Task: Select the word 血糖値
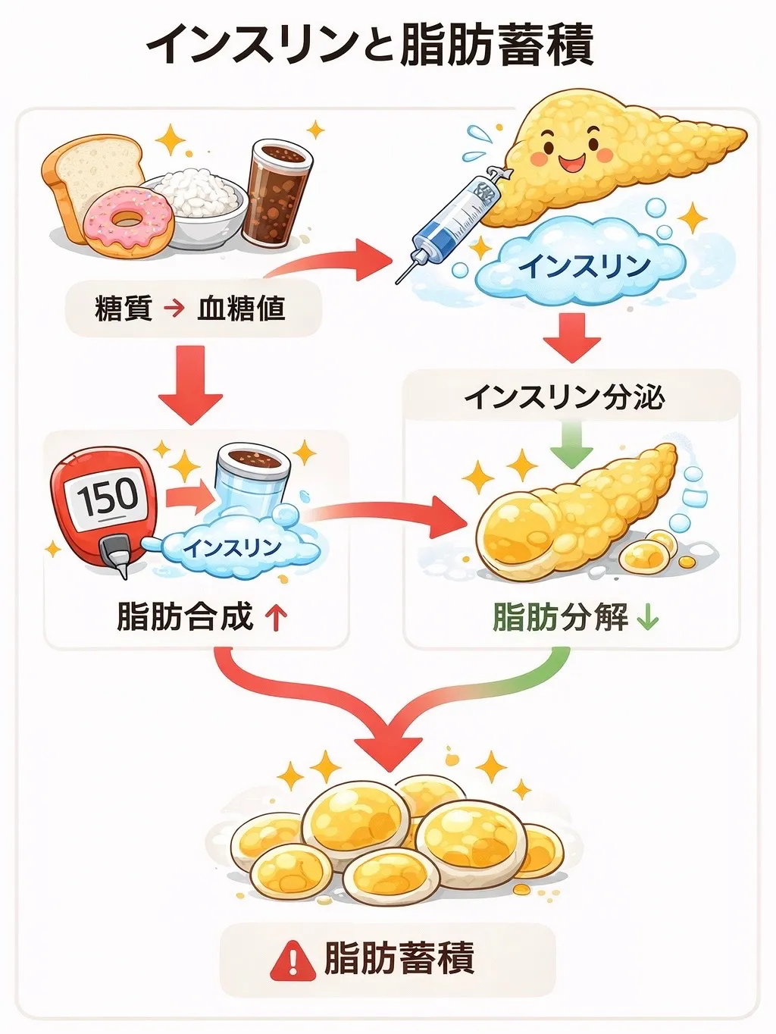(241, 309)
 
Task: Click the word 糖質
(124, 309)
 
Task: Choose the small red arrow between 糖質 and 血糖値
(174, 309)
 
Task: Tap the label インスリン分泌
(564, 396)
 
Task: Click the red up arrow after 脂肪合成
(276, 617)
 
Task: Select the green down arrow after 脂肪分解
(648, 619)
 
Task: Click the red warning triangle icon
(293, 960)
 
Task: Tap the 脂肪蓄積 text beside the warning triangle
(399, 958)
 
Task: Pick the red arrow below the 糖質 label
(191, 383)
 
